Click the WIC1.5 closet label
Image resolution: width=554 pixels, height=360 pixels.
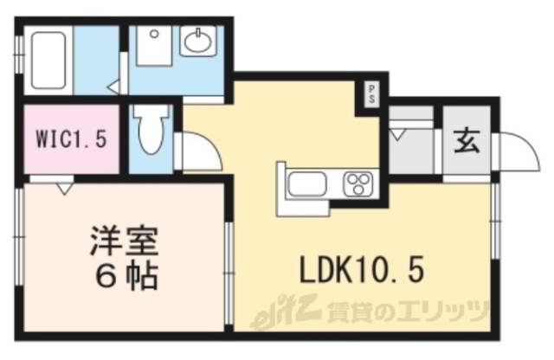[71, 139]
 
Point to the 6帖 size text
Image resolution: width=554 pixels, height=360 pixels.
[125, 276]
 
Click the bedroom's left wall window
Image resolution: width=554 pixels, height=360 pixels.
[19, 233]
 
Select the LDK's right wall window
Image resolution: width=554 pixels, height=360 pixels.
[496, 221]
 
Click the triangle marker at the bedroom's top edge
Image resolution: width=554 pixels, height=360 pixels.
[64, 186]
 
